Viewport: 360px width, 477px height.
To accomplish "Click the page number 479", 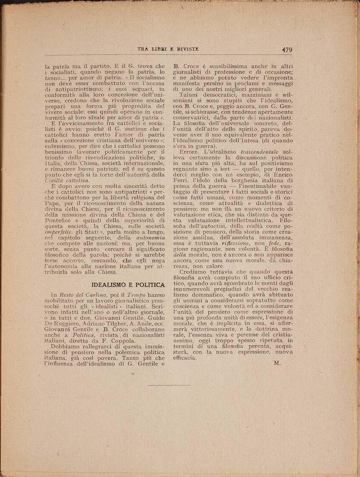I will point(287,49).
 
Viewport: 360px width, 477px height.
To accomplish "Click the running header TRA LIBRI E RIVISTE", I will point(168,49).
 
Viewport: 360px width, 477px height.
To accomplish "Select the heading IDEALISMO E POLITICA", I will point(129,285).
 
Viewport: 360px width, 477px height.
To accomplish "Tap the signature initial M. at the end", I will point(277,363).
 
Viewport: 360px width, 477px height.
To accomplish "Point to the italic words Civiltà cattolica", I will point(66,181).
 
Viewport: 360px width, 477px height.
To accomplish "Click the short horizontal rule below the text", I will point(169,385).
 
